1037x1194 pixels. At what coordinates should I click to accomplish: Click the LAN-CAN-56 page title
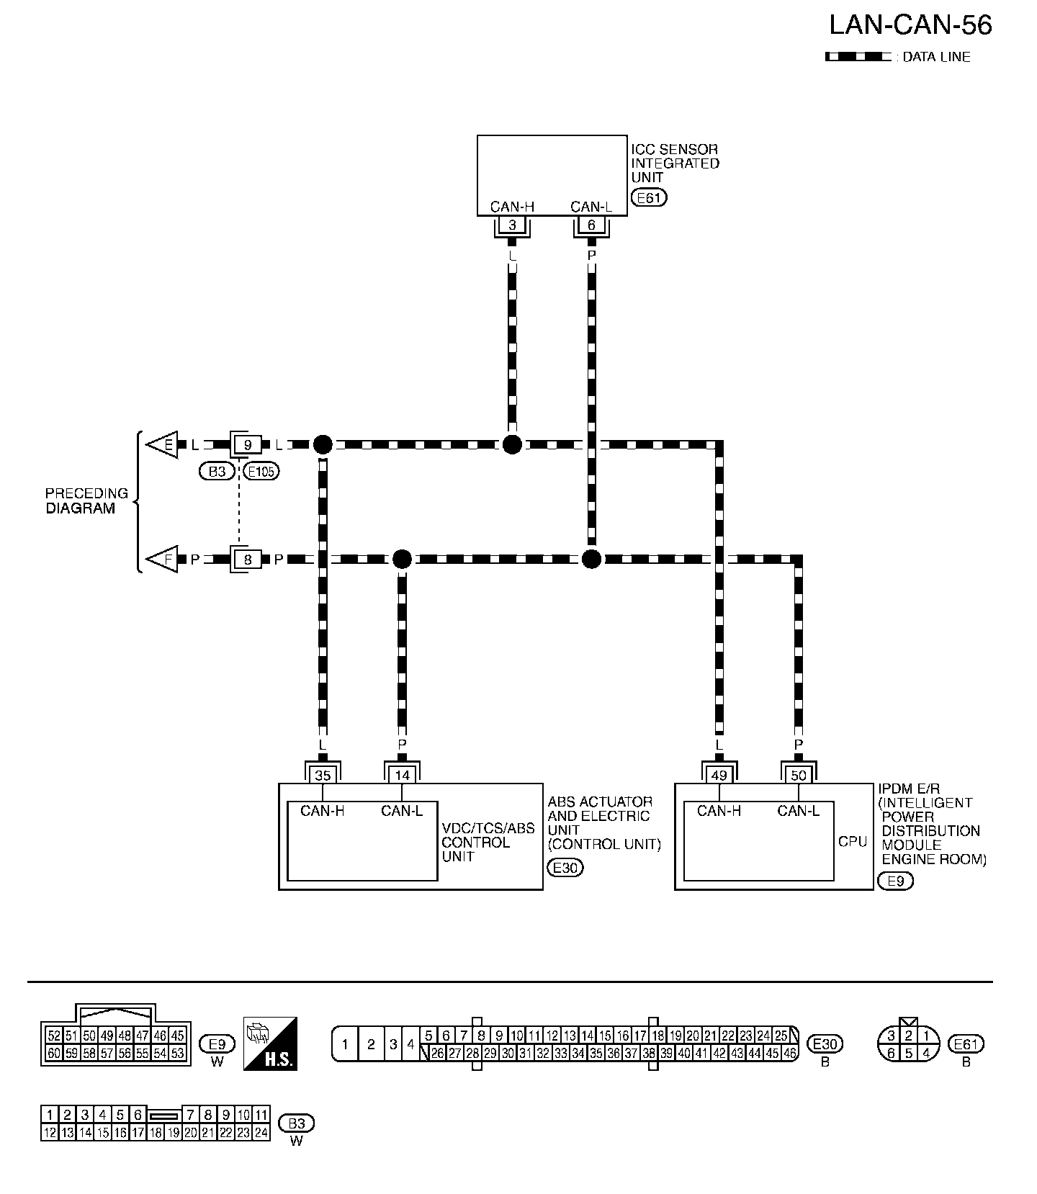click(910, 25)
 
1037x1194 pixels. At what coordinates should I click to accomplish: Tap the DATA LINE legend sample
click(858, 57)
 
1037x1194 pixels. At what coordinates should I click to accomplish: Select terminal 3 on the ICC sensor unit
click(512, 225)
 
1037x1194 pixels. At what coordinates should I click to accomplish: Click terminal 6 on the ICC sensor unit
click(591, 225)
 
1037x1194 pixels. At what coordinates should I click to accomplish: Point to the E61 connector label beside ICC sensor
click(648, 197)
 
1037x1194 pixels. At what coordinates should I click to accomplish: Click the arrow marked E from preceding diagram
click(163, 445)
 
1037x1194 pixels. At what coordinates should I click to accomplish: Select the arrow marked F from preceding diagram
click(163, 559)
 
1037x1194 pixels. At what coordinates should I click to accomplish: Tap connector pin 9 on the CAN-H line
click(248, 445)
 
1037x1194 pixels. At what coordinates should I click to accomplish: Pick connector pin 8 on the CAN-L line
click(248, 559)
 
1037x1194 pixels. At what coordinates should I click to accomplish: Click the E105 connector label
click(261, 472)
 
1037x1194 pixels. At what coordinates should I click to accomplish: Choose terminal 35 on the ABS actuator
click(323, 775)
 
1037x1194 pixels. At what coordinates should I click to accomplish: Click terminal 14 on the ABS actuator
click(402, 775)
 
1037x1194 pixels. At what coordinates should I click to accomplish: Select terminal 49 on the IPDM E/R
click(719, 775)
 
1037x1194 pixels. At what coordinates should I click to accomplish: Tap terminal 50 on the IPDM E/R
click(798, 775)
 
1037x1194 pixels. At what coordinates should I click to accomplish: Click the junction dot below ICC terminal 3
click(512, 445)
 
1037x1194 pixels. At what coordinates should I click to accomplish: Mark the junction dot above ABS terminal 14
click(402, 559)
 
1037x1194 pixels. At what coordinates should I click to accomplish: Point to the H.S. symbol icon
click(271, 1043)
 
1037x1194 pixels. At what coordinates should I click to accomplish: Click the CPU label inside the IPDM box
click(853, 841)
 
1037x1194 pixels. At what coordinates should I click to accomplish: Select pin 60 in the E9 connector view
click(53, 1053)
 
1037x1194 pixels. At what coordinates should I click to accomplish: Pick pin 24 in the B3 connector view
click(261, 1132)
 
